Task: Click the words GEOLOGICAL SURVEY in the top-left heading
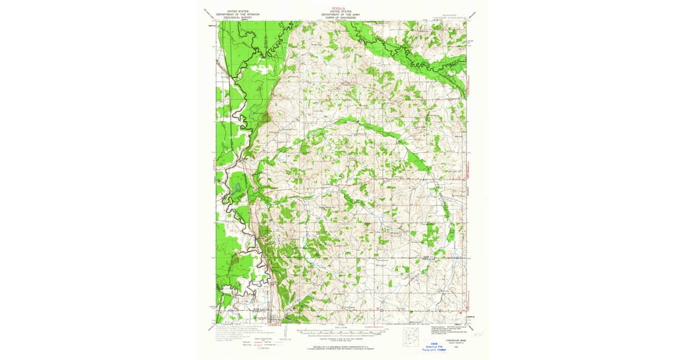237,18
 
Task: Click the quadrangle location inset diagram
410,337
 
